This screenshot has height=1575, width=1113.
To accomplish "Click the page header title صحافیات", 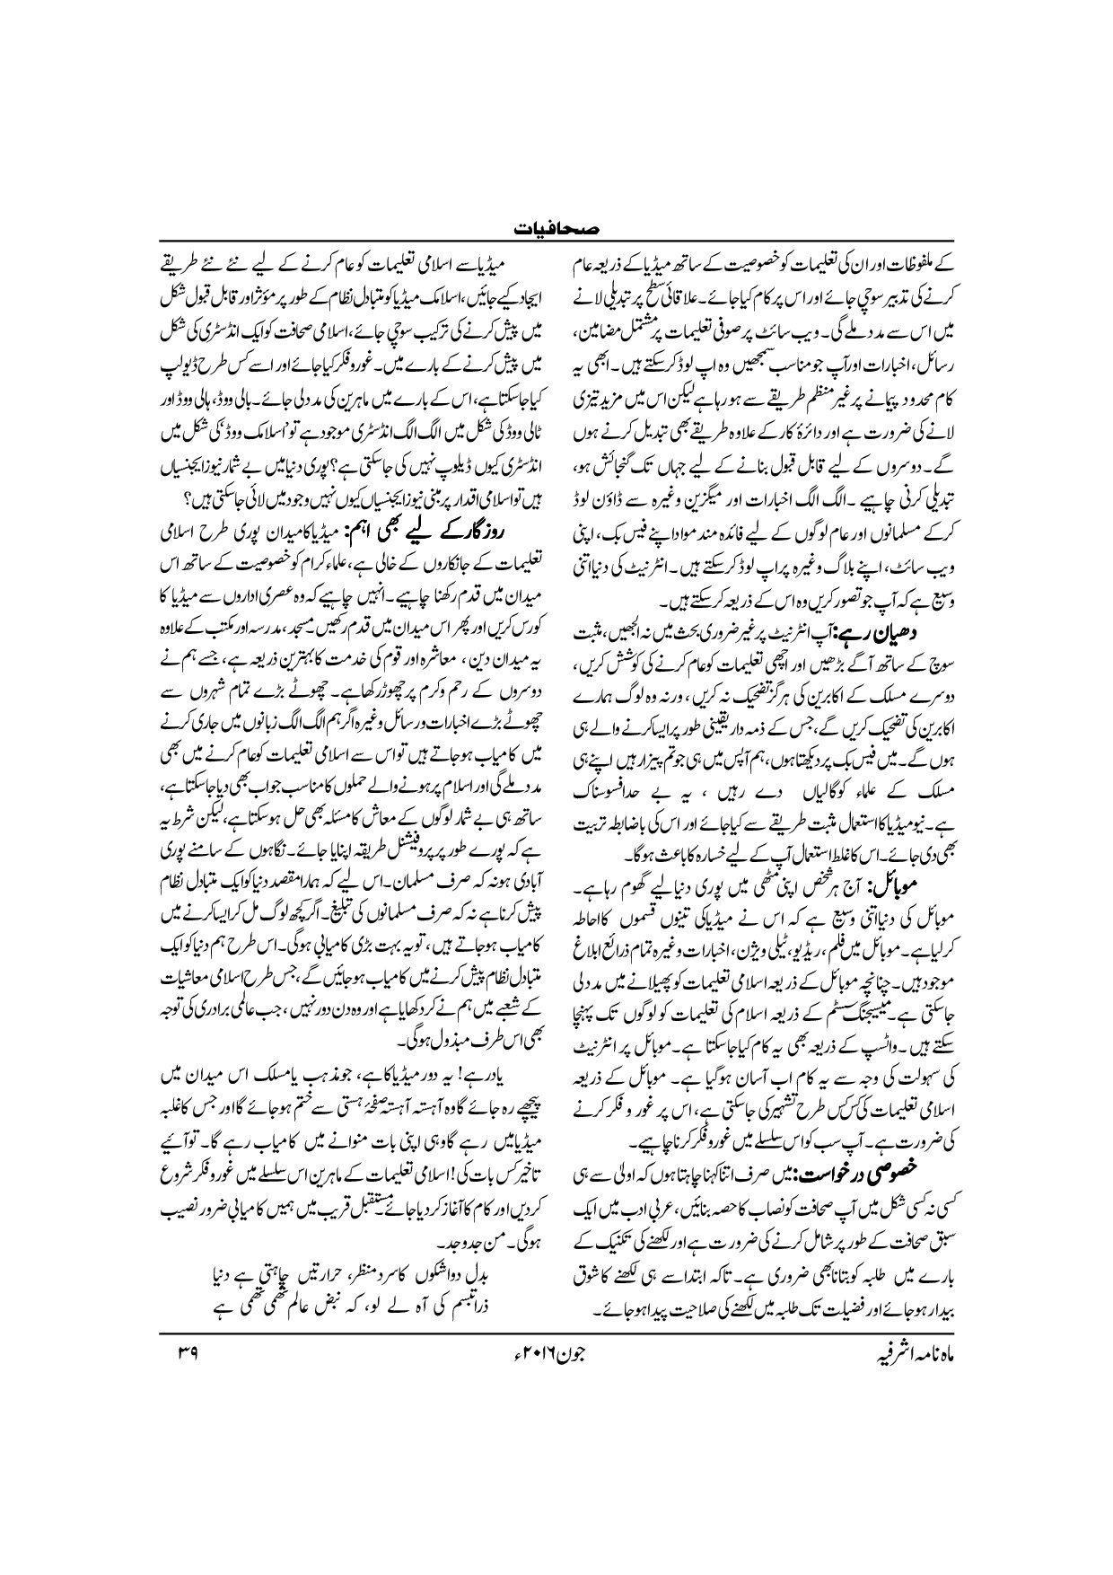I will (x=556, y=231).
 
